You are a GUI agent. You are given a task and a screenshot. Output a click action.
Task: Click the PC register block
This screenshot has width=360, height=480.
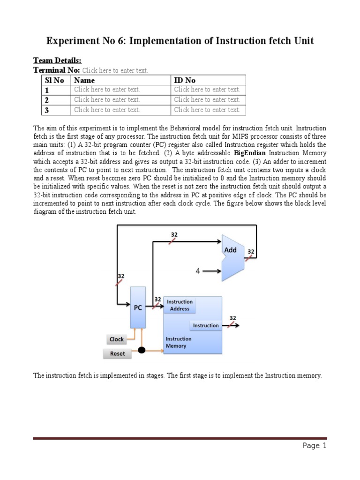[138, 307]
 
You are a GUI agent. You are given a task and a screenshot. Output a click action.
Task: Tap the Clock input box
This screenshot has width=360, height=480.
[117, 339]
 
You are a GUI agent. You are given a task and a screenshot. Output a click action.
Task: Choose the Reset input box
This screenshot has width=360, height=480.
[117, 353]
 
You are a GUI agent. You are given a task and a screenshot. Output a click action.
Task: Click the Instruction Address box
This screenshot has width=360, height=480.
[180, 305]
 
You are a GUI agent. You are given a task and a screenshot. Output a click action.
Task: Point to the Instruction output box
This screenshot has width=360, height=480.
[206, 325]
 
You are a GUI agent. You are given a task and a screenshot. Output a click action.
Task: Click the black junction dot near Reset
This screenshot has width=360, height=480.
[141, 350]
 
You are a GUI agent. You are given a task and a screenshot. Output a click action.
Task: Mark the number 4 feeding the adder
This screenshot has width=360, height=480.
[198, 270]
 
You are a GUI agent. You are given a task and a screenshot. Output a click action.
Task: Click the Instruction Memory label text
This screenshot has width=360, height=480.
[179, 342]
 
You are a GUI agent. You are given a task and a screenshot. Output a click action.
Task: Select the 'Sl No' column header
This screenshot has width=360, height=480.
[54, 80]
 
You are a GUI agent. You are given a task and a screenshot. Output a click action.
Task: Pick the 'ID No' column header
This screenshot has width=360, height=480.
[185, 80]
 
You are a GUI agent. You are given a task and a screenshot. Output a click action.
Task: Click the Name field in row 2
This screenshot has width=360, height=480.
[107, 99]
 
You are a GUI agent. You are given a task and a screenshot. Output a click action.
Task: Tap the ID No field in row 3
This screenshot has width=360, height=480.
[207, 110]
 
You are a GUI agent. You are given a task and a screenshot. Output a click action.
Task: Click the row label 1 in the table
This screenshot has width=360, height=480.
[47, 90]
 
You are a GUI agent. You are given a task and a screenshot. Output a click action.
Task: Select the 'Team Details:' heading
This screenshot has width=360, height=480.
[57, 60]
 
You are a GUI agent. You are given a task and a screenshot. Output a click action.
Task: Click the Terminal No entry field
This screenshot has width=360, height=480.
[115, 70]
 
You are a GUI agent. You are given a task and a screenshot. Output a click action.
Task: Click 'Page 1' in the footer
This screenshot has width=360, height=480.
[314, 446]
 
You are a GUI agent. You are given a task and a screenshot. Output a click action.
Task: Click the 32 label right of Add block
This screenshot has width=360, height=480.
[251, 252]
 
